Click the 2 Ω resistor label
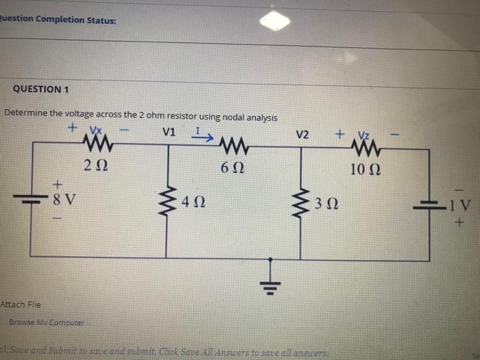(95, 165)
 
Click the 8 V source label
(65, 200)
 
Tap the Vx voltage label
(95, 130)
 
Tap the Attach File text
(21, 304)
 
